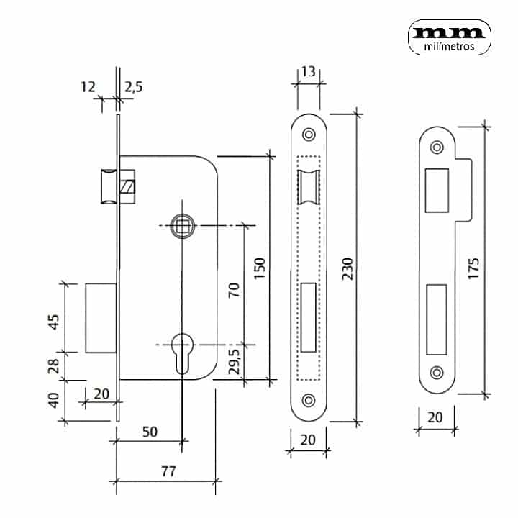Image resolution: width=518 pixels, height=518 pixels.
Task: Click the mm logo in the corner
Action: (x=450, y=32)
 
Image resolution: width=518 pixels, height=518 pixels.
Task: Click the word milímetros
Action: (x=450, y=47)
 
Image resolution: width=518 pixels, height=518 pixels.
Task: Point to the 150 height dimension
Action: (x=260, y=268)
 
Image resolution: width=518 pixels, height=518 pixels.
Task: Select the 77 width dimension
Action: (x=167, y=472)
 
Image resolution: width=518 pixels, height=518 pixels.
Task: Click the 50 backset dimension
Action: (x=150, y=432)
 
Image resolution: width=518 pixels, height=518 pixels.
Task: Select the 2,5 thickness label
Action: (x=133, y=87)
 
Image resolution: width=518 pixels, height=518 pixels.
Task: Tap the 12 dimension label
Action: (x=88, y=87)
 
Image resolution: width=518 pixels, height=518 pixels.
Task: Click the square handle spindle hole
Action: (x=182, y=226)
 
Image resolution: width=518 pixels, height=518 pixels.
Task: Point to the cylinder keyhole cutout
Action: (x=183, y=349)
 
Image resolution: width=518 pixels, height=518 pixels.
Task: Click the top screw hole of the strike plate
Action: (x=436, y=147)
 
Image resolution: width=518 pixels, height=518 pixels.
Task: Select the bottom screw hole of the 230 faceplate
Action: (x=309, y=400)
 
